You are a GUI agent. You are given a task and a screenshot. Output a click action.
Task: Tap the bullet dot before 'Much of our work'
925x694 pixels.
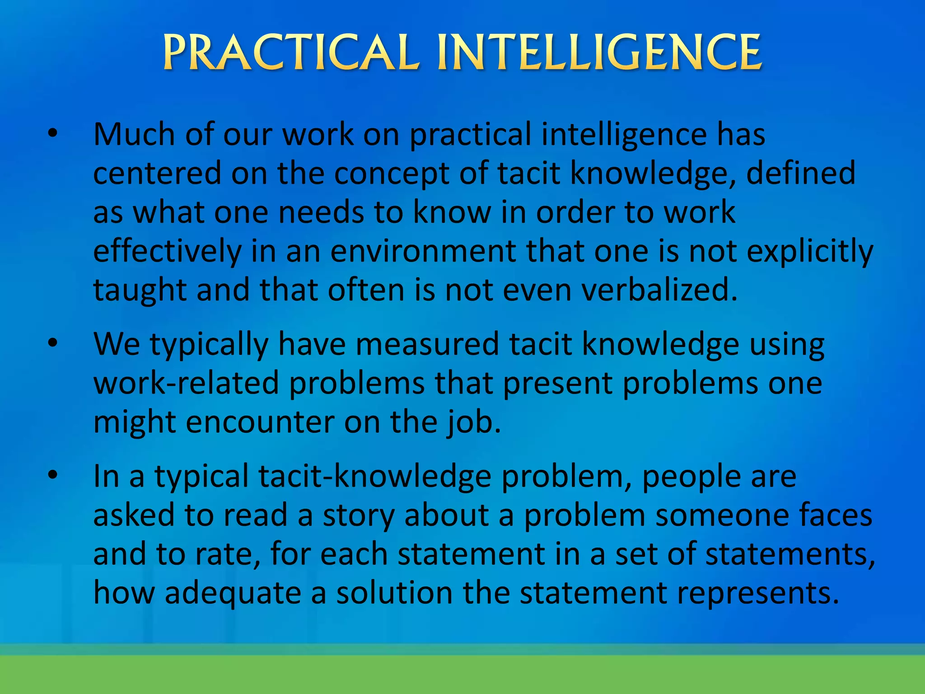tap(53, 133)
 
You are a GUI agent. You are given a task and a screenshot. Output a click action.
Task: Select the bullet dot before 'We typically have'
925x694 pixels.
tap(53, 343)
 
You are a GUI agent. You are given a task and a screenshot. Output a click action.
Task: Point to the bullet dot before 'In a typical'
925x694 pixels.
tap(53, 475)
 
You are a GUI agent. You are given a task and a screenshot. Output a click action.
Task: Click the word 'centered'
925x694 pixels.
tap(157, 173)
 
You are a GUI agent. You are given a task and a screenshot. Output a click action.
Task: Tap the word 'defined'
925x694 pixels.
tap(800, 173)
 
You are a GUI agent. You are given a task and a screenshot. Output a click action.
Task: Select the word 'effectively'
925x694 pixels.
tap(168, 252)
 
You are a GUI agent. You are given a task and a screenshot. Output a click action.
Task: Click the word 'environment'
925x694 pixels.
tap(423, 252)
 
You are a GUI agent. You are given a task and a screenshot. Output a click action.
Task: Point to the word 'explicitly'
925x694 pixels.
tap(810, 252)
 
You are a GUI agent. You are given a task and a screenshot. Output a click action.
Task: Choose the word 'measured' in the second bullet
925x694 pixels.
tap(427, 345)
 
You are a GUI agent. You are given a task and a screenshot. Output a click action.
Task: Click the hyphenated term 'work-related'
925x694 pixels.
tap(186, 383)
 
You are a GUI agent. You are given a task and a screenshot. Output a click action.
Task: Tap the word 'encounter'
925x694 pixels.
tap(260, 422)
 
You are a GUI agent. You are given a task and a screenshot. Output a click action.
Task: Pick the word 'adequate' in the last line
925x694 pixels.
tap(233, 594)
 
